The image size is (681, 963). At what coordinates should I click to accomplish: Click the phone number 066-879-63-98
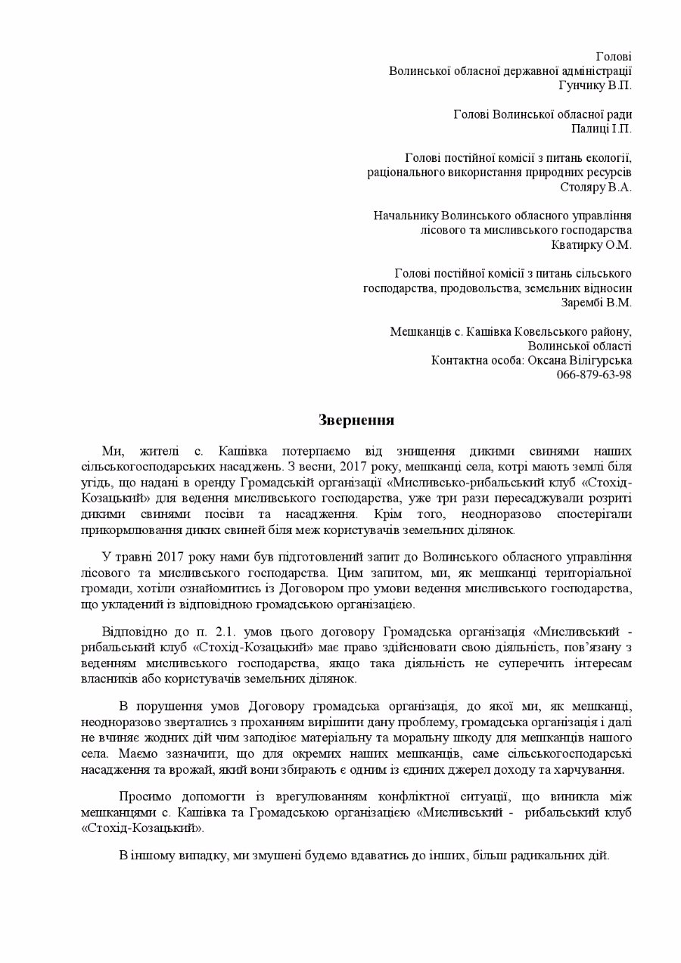tap(594, 374)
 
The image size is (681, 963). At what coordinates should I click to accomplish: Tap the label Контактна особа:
tap(476, 360)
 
